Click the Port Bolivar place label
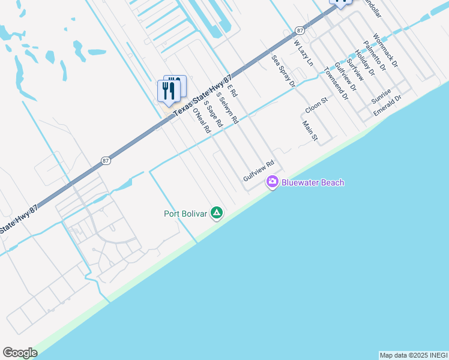(x=185, y=214)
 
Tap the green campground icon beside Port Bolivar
(x=217, y=213)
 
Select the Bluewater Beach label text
(x=313, y=182)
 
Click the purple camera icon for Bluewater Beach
(x=273, y=182)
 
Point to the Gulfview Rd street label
(x=259, y=171)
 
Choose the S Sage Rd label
(x=214, y=113)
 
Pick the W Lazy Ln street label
(x=303, y=52)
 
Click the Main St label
(x=310, y=132)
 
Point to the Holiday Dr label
(x=364, y=62)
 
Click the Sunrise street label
(x=381, y=95)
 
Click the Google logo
(x=20, y=353)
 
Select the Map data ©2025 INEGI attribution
(x=413, y=355)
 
